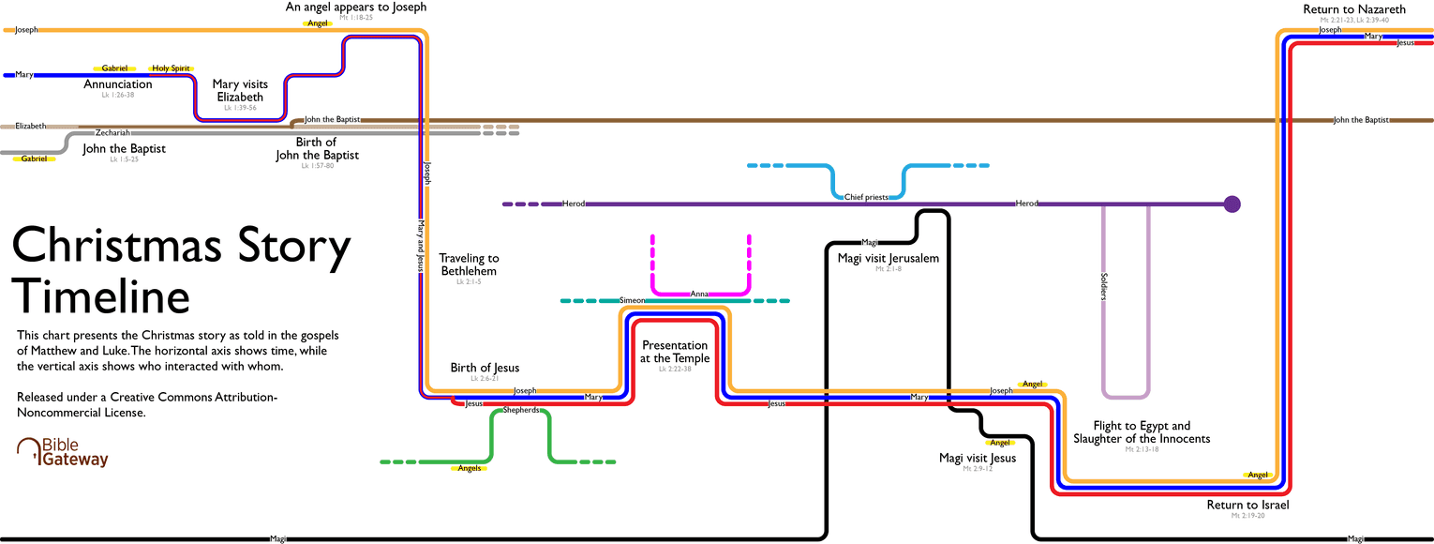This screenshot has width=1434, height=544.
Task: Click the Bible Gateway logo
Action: [x=63, y=452]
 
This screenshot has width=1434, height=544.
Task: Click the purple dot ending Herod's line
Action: [x=1232, y=204]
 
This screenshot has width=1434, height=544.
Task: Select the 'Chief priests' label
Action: [x=866, y=197]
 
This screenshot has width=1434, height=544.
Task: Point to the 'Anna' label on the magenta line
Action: [x=699, y=294]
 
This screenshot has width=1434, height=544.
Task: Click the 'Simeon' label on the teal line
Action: [x=633, y=300]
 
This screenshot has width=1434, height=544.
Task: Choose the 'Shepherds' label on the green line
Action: [x=521, y=410]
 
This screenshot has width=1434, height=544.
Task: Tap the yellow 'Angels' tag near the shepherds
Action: [x=469, y=468]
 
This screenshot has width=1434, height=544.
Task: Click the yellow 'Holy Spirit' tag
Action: [x=171, y=68]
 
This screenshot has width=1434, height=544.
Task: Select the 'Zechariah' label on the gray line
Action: [x=112, y=133]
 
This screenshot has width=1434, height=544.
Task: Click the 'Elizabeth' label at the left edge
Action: [x=30, y=126]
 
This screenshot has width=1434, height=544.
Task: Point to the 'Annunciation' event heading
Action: [x=117, y=84]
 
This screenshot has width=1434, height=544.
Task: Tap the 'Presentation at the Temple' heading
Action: [x=675, y=352]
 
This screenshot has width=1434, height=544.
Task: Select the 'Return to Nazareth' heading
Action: [x=1354, y=9]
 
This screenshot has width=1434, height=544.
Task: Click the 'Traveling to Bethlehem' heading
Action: [x=469, y=264]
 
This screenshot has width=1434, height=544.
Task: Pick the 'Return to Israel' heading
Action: [x=1247, y=505]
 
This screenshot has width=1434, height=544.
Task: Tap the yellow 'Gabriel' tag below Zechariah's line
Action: [x=34, y=159]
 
